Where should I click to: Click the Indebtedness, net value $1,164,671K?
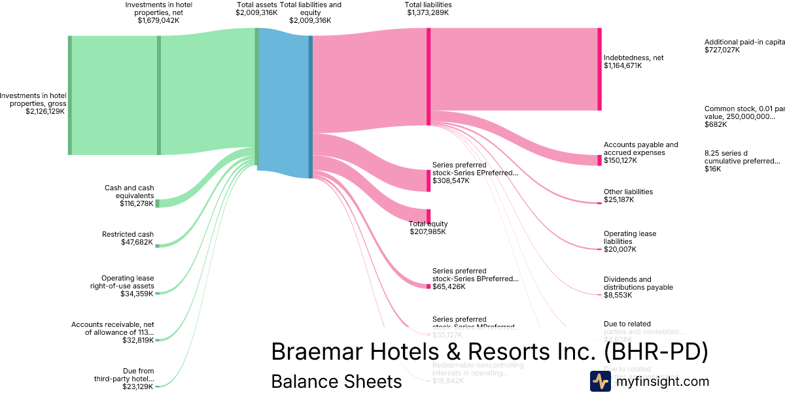623,65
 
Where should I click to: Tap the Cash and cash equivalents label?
129,192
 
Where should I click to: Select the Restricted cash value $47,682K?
137,243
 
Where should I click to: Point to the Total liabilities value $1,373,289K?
428,12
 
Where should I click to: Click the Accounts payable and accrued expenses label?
640,148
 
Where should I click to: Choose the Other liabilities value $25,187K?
619,199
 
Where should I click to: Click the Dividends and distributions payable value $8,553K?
618,295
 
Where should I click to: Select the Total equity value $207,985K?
428,232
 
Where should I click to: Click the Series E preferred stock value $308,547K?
451,180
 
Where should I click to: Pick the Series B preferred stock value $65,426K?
449,286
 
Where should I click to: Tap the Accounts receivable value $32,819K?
137,340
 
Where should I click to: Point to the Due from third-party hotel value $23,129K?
137,386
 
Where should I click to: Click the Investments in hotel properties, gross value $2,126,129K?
45,111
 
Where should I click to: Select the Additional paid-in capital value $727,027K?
722,50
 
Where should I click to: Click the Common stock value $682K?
716,124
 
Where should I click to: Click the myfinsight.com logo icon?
600,381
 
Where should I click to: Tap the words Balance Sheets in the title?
336,381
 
